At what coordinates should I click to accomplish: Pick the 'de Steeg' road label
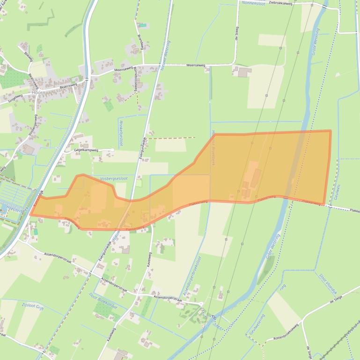(236, 31)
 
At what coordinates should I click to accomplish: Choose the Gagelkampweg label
(86, 150)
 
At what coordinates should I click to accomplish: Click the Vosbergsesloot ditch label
(114, 179)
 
